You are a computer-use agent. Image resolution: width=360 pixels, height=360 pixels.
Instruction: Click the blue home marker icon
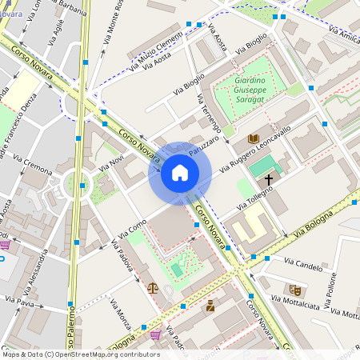click(x=180, y=173)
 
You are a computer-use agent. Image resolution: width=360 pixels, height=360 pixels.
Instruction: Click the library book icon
click(x=254, y=139)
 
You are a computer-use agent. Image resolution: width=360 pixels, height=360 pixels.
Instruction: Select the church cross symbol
click(x=269, y=180)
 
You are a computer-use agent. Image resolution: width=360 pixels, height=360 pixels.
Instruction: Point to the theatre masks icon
click(x=294, y=289)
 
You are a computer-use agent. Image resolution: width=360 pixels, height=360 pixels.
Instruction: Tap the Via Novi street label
click(x=110, y=165)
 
